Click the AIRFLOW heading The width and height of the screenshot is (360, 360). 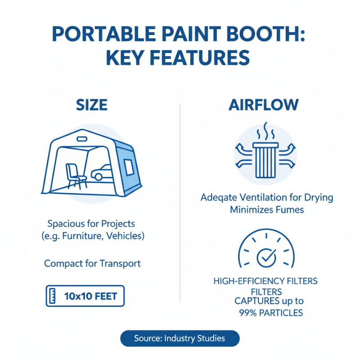coord(263,105)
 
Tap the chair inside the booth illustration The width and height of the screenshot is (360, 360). coord(74,175)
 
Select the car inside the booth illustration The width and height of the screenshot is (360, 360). coord(103,172)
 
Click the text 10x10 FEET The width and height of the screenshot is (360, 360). coord(90,296)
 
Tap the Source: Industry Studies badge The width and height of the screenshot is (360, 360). coord(180,338)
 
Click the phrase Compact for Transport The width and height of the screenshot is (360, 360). coord(92,263)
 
